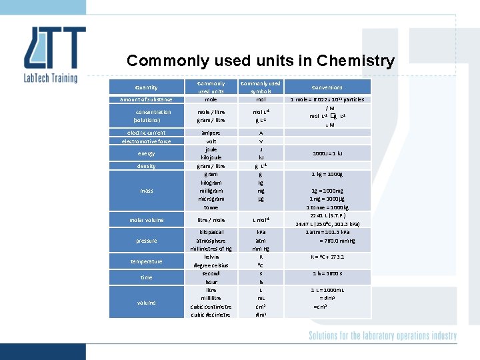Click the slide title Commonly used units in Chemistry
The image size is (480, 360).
click(x=260, y=61)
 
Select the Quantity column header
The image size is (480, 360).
click(x=146, y=87)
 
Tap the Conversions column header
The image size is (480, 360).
click(x=327, y=87)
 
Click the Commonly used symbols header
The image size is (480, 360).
click(x=261, y=87)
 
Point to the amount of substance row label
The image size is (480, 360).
click(x=146, y=99)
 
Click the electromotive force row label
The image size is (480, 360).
click(x=146, y=141)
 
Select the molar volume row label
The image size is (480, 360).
click(x=146, y=220)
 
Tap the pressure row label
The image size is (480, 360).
click(x=146, y=241)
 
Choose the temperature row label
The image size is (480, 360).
click(x=146, y=261)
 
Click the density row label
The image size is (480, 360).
click(x=146, y=166)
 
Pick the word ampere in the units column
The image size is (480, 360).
click(x=211, y=133)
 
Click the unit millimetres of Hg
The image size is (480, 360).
click(x=211, y=249)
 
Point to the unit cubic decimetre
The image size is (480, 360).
click(x=211, y=315)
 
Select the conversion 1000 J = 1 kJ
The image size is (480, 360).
click(x=327, y=153)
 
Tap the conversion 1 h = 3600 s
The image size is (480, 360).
click(x=327, y=273)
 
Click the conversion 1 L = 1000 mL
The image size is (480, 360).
click(x=327, y=290)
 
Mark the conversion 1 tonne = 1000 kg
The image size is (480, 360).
click(x=327, y=207)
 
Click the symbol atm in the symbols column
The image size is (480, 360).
click(x=261, y=241)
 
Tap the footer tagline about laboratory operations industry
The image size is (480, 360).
click(x=382, y=336)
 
